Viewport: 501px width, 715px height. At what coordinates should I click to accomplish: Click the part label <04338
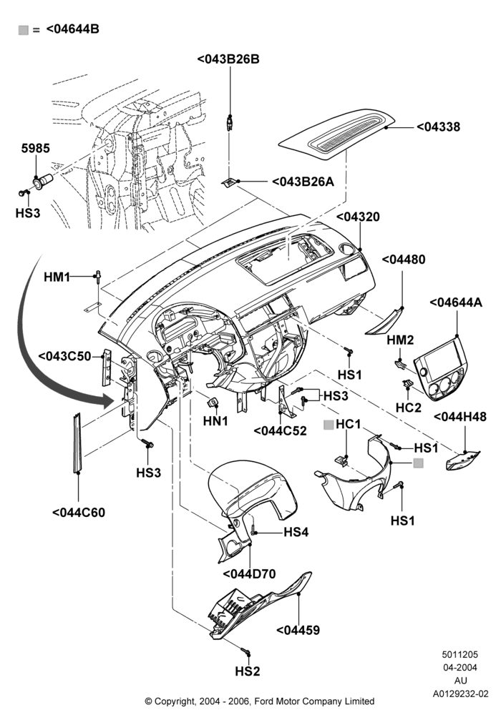(439, 127)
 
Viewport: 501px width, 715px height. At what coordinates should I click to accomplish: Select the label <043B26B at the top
(228, 59)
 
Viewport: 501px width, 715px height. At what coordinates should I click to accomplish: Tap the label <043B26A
(303, 182)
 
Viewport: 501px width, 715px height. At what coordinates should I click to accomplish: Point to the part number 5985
(36, 148)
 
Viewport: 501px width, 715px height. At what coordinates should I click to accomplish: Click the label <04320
(358, 217)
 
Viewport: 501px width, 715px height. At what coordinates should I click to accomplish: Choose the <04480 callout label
(404, 260)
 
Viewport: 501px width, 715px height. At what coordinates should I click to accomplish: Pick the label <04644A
(457, 302)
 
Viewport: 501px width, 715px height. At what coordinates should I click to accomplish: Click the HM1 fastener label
(57, 277)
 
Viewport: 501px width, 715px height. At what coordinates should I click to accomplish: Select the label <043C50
(65, 356)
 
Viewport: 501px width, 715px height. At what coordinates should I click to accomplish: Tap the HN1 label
(215, 421)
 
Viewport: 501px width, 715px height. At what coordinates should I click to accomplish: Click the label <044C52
(280, 430)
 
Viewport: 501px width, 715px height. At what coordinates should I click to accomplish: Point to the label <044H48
(460, 417)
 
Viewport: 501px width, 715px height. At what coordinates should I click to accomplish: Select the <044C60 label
(79, 513)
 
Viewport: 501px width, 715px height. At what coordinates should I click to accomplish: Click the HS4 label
(296, 532)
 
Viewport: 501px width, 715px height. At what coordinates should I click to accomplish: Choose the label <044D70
(250, 573)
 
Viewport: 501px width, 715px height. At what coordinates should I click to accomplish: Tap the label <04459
(298, 630)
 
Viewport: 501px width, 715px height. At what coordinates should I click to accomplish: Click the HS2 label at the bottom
(248, 671)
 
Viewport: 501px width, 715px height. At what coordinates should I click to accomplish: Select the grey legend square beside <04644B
(24, 30)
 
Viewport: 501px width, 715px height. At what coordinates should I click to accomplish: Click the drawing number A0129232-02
(460, 694)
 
